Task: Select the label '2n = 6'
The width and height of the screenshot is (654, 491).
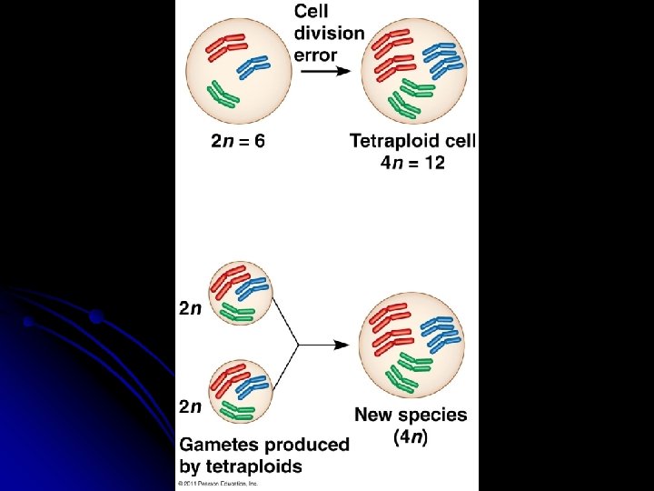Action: tap(238, 141)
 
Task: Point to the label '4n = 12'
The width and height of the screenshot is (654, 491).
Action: tap(412, 163)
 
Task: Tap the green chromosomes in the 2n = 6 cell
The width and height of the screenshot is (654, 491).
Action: tap(223, 94)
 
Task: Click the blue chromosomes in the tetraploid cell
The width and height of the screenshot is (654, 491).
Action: tap(444, 59)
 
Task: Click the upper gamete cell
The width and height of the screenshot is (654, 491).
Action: tap(239, 292)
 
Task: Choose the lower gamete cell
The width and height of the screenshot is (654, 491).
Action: tap(239, 391)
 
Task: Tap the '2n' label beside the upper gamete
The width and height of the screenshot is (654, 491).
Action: tap(190, 308)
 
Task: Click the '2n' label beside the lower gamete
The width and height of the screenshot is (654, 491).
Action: tap(190, 406)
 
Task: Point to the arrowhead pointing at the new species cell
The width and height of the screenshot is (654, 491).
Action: tap(343, 345)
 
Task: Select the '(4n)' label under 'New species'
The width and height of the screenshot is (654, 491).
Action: tap(411, 436)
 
